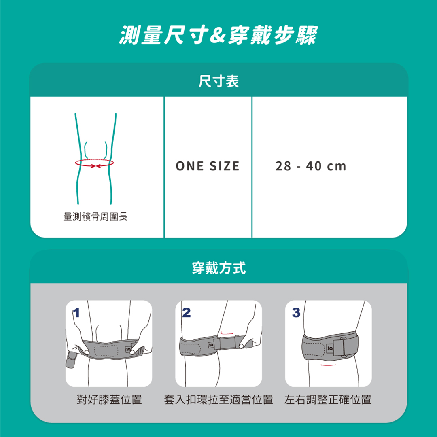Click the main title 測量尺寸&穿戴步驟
(218, 35)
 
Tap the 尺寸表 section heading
(218, 81)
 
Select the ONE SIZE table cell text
(208, 166)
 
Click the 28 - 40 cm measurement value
(311, 166)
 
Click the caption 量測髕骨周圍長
(95, 216)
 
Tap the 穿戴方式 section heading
(219, 268)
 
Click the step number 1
(76, 312)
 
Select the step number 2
(187, 312)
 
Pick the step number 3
(296, 312)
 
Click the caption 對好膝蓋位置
(109, 399)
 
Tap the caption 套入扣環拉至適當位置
(218, 399)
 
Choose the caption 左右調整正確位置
(328, 399)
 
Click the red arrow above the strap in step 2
(227, 333)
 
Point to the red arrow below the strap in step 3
(328, 365)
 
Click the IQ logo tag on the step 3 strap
(330, 348)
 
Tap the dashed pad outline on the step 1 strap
(106, 350)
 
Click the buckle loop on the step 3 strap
(344, 347)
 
